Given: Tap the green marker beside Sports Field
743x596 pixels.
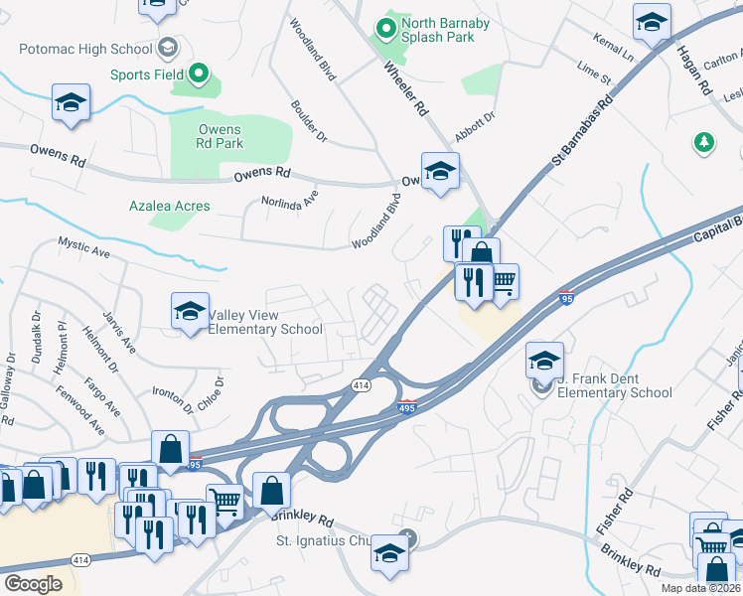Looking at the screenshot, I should (198, 74).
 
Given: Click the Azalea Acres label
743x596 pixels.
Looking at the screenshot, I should (169, 207).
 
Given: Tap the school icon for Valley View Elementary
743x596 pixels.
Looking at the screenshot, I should (190, 312).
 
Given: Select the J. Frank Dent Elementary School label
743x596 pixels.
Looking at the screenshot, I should (614, 385).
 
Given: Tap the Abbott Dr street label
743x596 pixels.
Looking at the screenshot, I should (474, 128).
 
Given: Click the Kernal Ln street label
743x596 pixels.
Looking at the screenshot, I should (613, 45).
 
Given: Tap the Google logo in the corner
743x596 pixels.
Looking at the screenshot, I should (33, 584).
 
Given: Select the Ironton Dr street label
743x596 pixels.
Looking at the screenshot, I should (174, 400).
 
